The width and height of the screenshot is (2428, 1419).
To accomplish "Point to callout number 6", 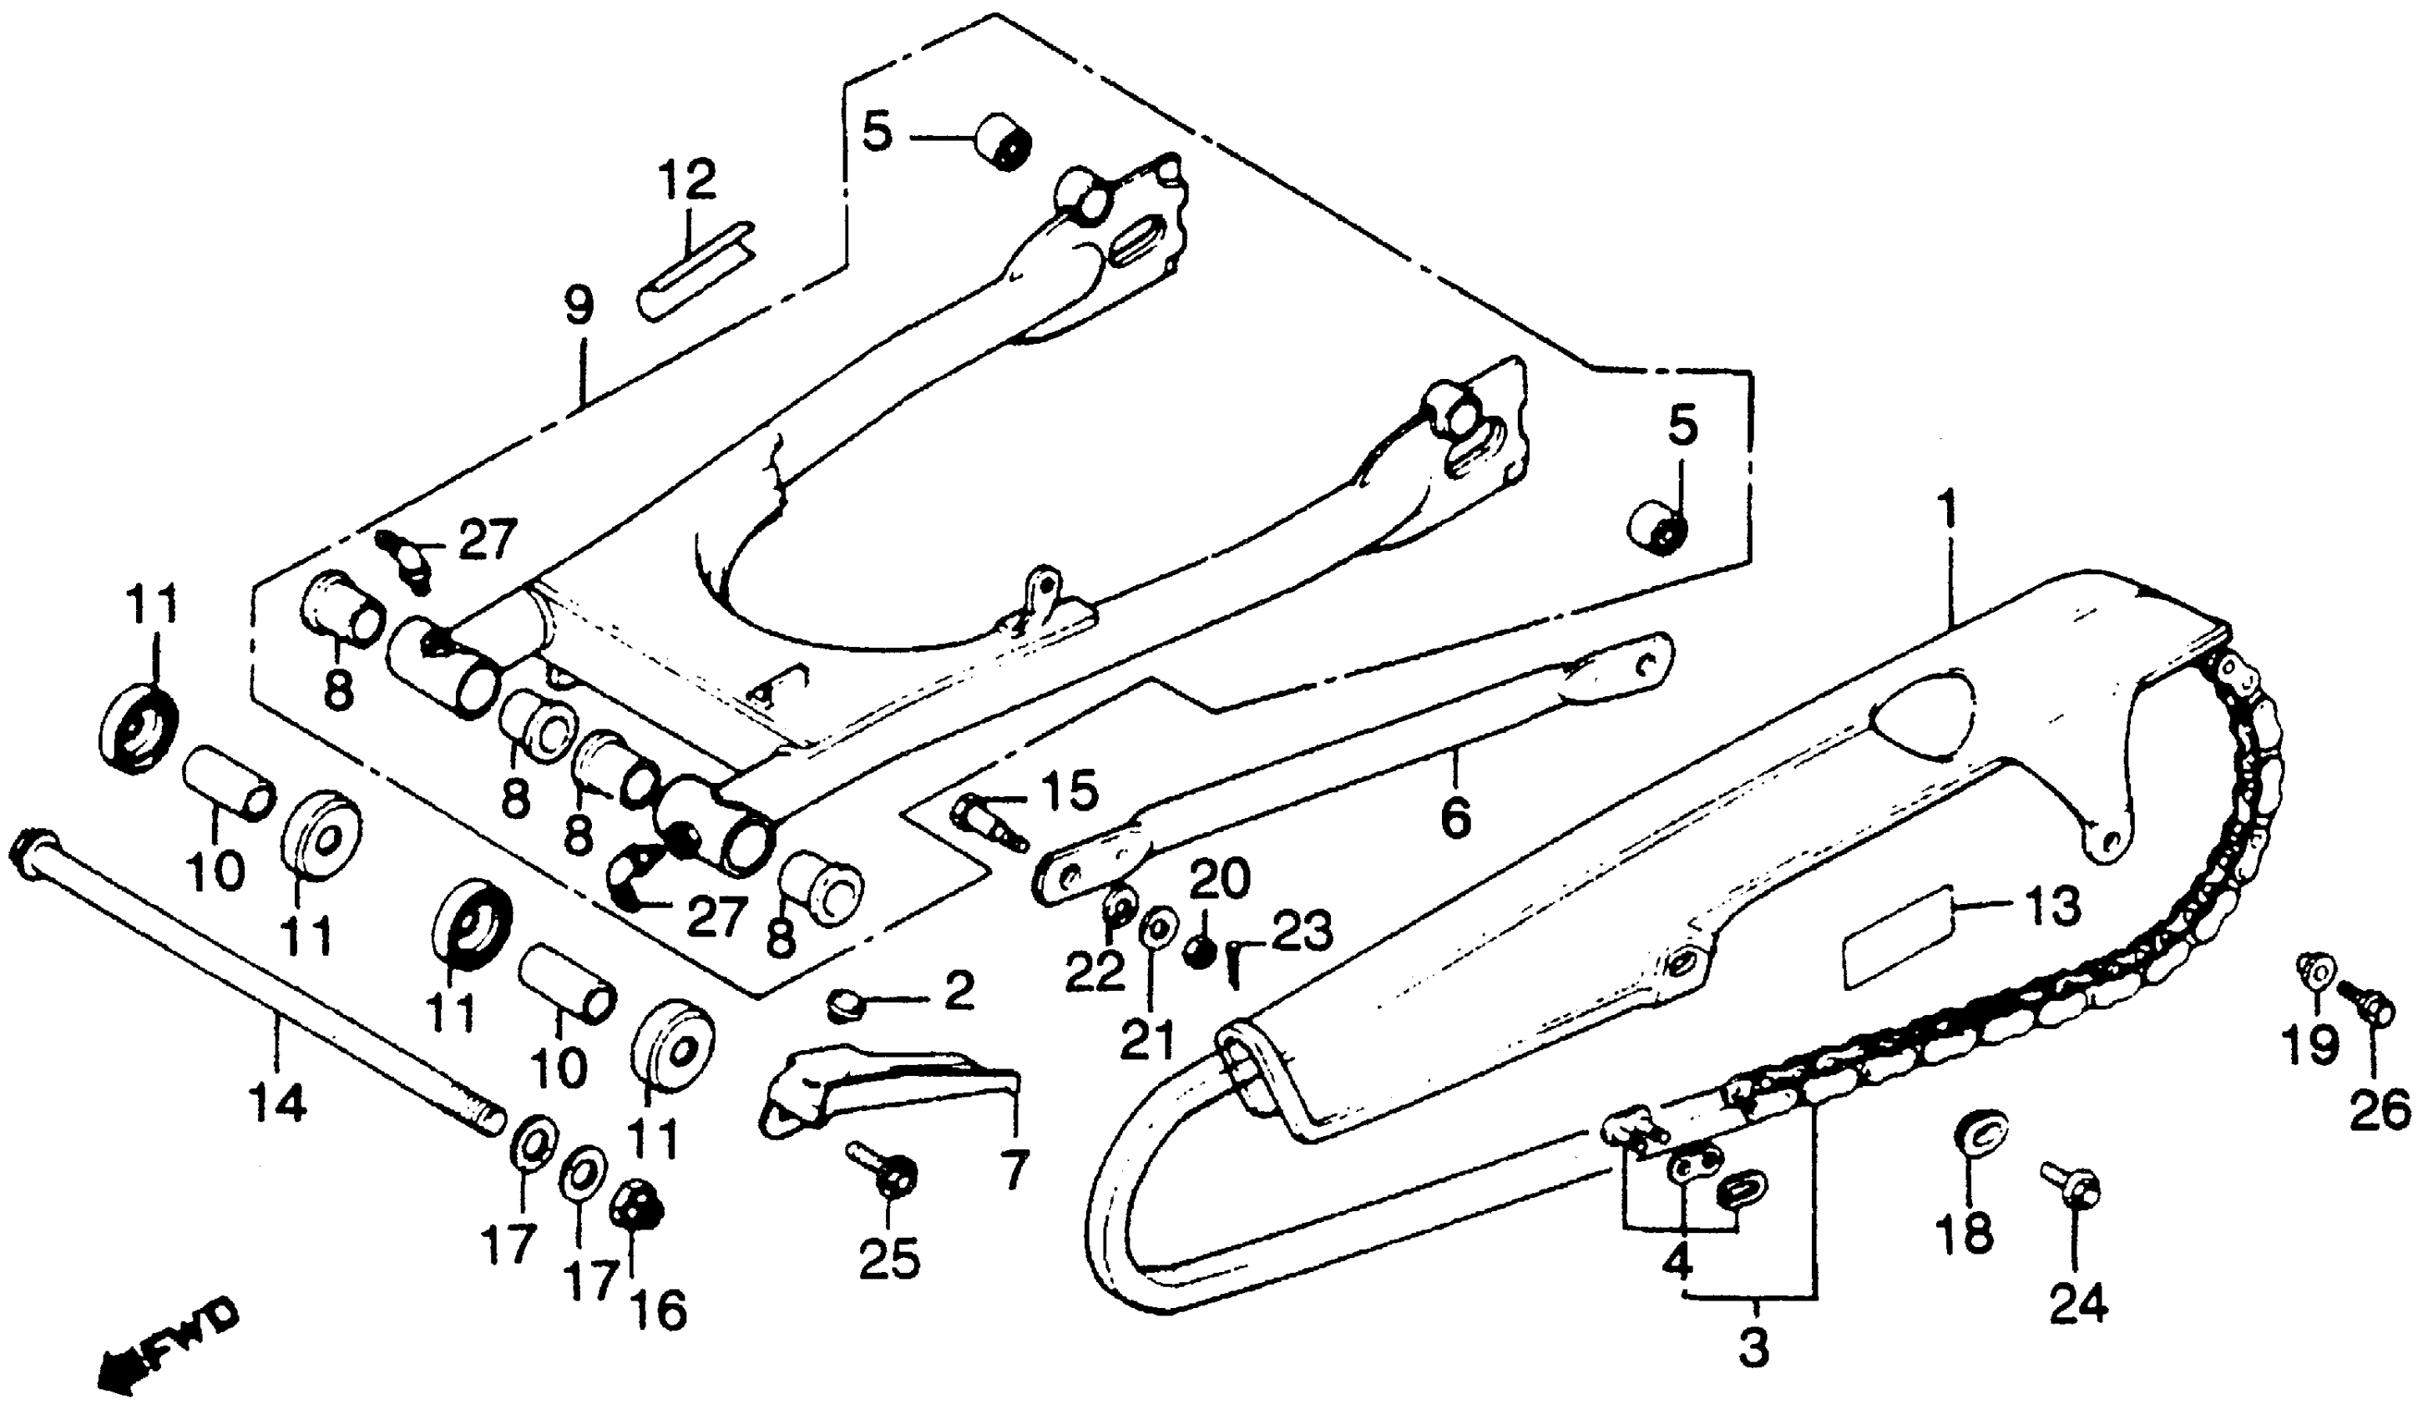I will point(1454,818).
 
